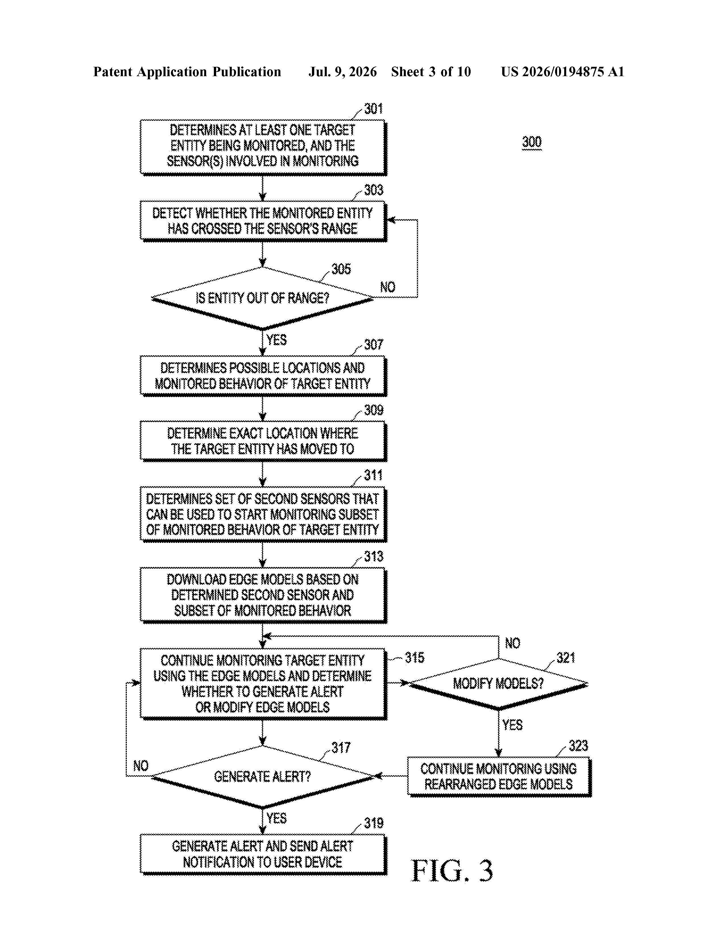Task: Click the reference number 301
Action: pyautogui.click(x=373, y=109)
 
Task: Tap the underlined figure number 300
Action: pyautogui.click(x=531, y=142)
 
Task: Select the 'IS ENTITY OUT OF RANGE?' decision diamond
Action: pyautogui.click(x=262, y=298)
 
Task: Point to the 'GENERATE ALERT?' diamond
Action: pyautogui.click(x=262, y=777)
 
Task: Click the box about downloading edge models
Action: pyautogui.click(x=263, y=595)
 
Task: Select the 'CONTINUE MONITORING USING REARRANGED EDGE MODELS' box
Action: pyautogui.click(x=499, y=777)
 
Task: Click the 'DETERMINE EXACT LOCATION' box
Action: pyautogui.click(x=263, y=441)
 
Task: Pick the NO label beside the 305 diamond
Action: pyautogui.click(x=388, y=287)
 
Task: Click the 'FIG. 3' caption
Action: pyautogui.click(x=452, y=871)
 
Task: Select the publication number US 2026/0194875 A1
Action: pyautogui.click(x=562, y=72)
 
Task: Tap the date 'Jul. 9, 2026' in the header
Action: pyautogui.click(x=342, y=72)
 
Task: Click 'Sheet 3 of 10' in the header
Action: pyautogui.click(x=431, y=72)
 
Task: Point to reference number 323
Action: pyautogui.click(x=578, y=746)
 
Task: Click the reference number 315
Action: pyautogui.click(x=414, y=657)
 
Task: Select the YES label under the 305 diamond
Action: pyautogui.click(x=276, y=340)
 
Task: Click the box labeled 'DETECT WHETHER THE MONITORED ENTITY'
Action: pyautogui.click(x=263, y=221)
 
